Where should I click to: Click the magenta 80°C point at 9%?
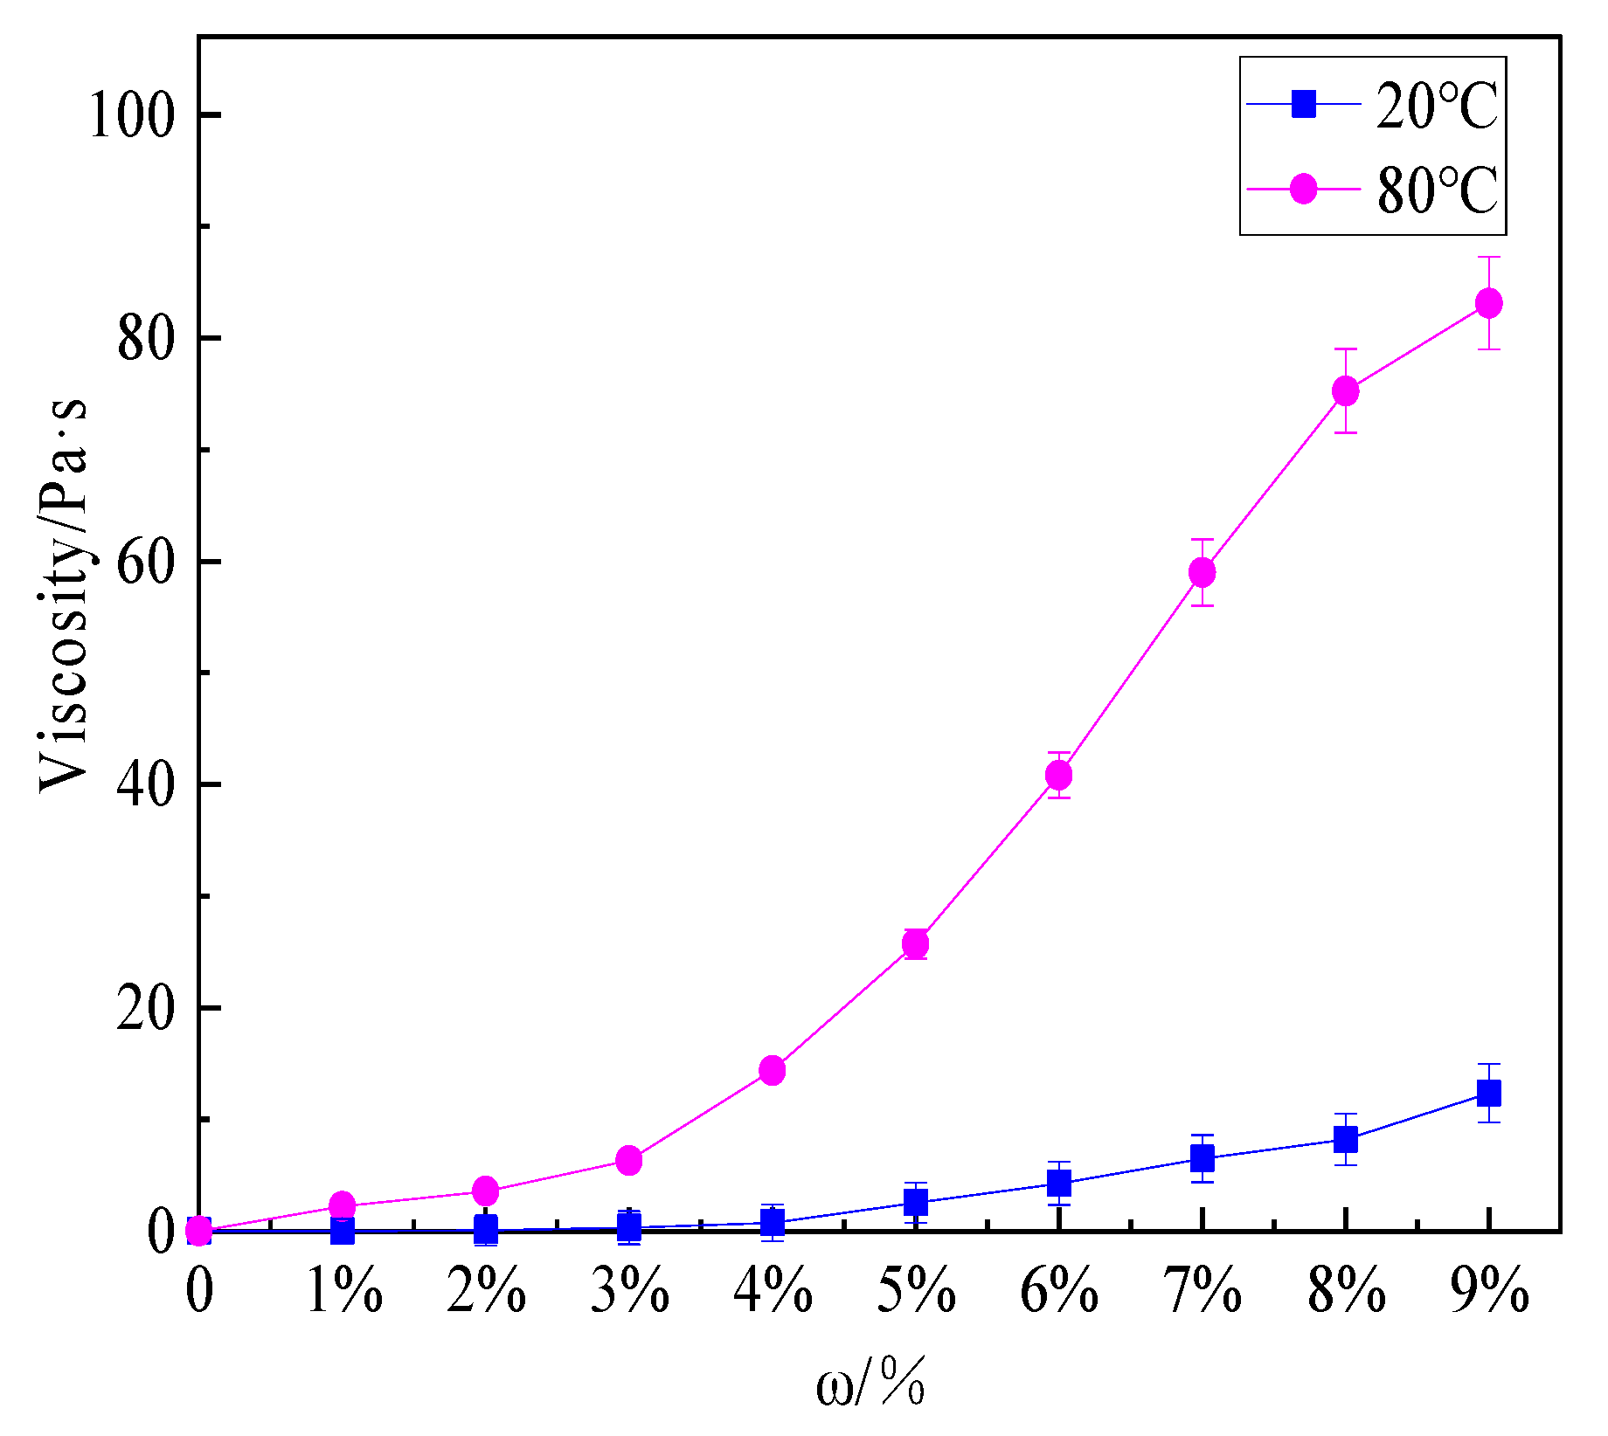pos(1488,304)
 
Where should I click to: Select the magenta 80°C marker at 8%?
pos(1346,390)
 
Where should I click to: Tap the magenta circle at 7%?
pos(1203,573)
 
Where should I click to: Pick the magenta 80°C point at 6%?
pos(1059,775)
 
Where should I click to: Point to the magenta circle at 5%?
pos(916,944)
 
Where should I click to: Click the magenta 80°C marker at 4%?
pos(773,1070)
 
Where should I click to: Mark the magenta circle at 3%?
pos(629,1161)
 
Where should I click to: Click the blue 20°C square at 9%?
pos(1488,1093)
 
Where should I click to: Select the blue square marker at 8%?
pos(1346,1140)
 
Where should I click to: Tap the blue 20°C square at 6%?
pos(1059,1184)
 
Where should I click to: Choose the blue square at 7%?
pos(1203,1159)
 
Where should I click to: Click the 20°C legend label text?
pos(1437,107)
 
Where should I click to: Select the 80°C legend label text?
pos(1437,190)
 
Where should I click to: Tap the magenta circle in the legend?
pos(1304,188)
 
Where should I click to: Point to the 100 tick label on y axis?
pos(133,115)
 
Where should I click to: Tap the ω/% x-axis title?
pos(870,1385)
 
